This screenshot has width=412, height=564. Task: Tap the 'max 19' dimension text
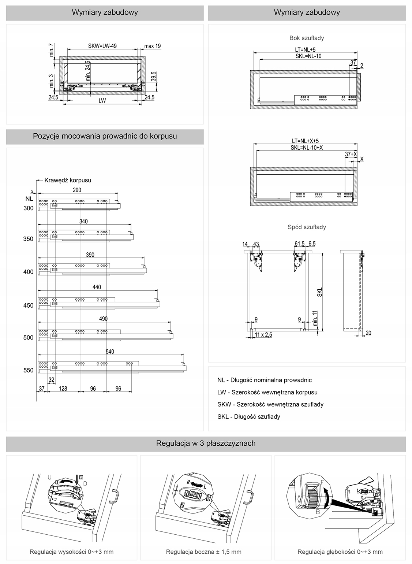152,46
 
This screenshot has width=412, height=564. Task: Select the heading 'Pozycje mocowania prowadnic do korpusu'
105,136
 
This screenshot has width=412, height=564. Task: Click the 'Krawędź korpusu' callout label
68,180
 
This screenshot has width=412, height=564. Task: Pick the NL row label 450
28,305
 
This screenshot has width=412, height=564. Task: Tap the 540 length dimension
110,352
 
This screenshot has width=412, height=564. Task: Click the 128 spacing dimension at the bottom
63,389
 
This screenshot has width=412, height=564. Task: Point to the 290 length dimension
77,190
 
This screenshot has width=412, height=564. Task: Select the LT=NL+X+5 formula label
306,141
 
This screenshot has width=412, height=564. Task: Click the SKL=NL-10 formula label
308,56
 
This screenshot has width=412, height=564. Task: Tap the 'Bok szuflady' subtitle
307,38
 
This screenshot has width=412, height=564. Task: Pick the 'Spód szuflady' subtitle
307,227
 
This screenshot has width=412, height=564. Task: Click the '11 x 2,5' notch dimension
263,335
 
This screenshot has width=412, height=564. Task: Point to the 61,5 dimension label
299,244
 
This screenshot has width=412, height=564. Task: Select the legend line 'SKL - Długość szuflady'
248,416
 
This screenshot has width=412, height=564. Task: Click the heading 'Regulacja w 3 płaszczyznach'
206,444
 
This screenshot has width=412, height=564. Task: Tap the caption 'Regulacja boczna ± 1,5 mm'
203,552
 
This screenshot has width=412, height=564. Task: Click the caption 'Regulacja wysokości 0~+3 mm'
72,552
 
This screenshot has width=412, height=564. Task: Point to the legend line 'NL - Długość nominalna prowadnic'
264,380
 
